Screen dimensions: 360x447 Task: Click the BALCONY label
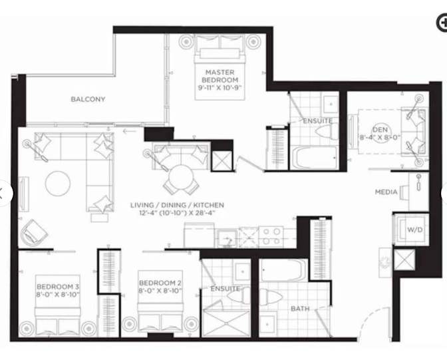[88, 100]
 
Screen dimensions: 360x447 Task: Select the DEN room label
[379, 133]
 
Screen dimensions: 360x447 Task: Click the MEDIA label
[386, 192]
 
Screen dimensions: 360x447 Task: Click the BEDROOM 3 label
[58, 285]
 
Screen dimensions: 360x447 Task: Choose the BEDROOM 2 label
[160, 287]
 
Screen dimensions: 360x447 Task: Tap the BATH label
[299, 309]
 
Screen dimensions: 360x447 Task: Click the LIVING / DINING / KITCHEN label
[177, 209]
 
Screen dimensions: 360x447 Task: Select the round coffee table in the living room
[58, 184]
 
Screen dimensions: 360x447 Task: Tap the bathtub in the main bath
[283, 270]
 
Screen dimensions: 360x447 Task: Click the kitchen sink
[227, 237]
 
